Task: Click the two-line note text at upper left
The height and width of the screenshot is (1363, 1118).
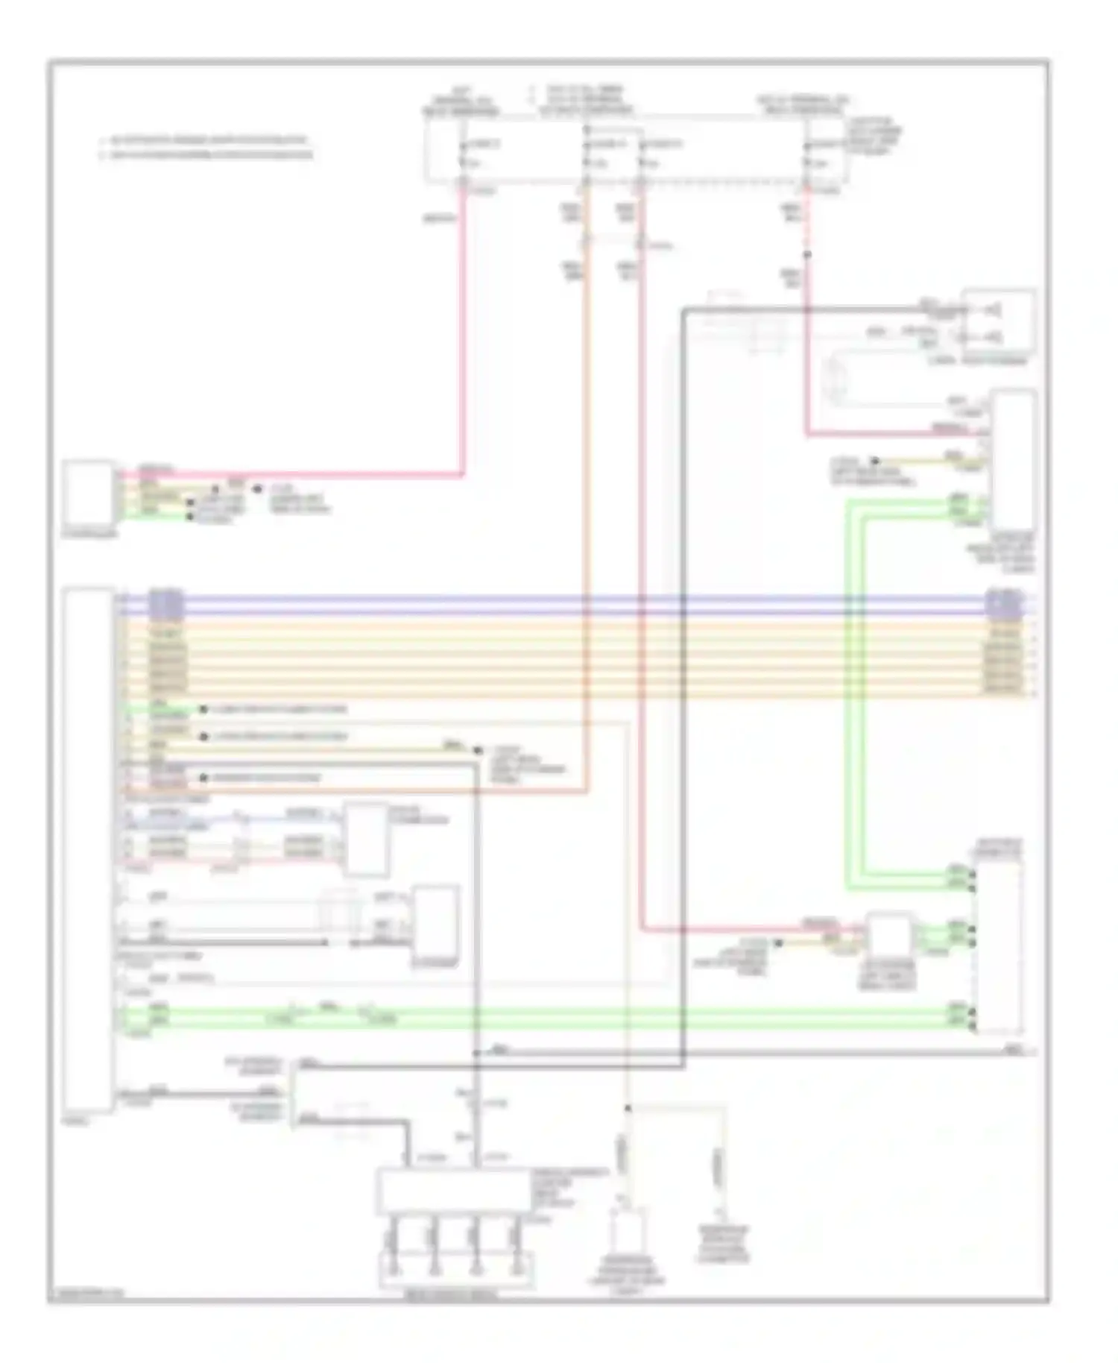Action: pyautogui.click(x=205, y=148)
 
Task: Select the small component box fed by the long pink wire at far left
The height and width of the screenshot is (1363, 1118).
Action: pyautogui.click(x=89, y=493)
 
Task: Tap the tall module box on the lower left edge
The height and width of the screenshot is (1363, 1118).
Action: pyautogui.click(x=89, y=850)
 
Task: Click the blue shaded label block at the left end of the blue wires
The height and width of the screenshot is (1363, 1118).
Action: pyautogui.click(x=166, y=605)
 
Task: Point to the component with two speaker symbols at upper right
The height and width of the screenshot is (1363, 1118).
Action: pyautogui.click(x=998, y=321)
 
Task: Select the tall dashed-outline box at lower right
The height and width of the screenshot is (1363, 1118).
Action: pyautogui.click(x=998, y=947)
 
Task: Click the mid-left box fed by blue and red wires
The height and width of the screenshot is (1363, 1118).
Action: pyautogui.click(x=365, y=840)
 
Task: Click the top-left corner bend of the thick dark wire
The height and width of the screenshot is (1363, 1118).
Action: pyautogui.click(x=683, y=309)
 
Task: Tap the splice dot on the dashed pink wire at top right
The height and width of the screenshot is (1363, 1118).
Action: pyautogui.click(x=806, y=255)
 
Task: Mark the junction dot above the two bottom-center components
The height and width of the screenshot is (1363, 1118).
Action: pyautogui.click(x=628, y=1109)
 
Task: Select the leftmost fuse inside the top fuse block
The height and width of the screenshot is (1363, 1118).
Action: pyautogui.click(x=463, y=153)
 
